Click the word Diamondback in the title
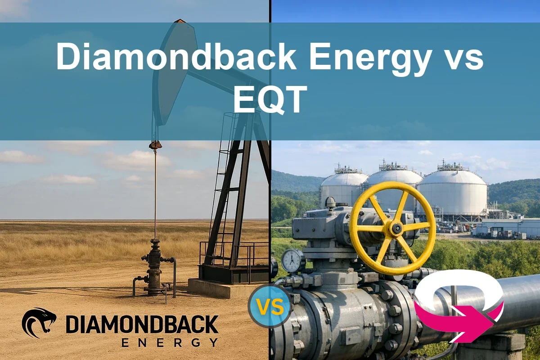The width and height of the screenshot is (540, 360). [x=176, y=58]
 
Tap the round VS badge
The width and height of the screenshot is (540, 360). [x=270, y=307]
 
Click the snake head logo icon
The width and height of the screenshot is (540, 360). [x=39, y=323]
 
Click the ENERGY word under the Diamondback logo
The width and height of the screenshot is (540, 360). [x=170, y=343]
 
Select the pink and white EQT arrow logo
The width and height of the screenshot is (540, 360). [x=459, y=310]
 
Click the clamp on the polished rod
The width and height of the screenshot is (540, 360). [x=155, y=145]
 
